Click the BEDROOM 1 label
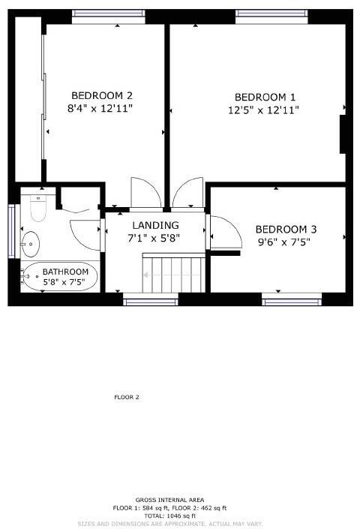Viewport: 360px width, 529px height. pos(265,97)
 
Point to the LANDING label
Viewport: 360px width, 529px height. pos(155,225)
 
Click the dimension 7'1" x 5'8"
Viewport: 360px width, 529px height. pos(155,239)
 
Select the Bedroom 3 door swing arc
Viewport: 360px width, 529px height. pos(225,232)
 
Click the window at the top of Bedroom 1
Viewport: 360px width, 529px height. pos(271,14)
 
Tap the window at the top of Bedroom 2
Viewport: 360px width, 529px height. pos(109,14)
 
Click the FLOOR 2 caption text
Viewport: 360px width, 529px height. pos(127,397)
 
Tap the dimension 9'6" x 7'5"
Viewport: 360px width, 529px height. pos(284,242)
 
